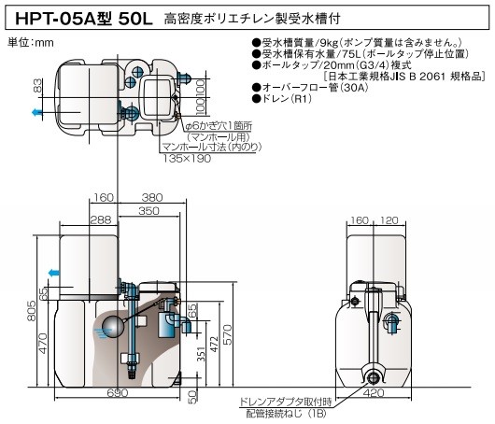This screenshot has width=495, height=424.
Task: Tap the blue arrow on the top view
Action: (x=36, y=112)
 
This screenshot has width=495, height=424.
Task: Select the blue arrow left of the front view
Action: (x=53, y=274)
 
